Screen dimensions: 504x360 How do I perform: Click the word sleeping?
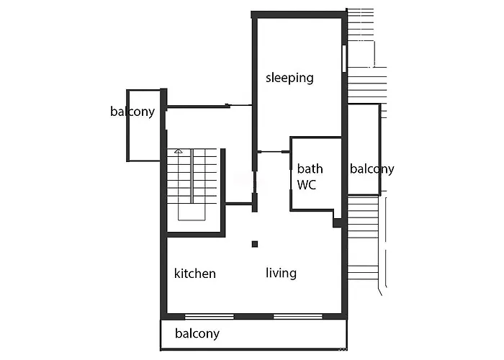(289, 78)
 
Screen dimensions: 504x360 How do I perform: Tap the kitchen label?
(195, 274)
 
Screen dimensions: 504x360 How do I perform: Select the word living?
(281, 273)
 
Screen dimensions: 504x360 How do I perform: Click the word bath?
(310, 168)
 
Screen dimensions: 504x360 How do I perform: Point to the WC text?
(306, 185)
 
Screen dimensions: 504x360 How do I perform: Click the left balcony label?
(132, 112)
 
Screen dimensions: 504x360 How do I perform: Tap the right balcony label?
(372, 169)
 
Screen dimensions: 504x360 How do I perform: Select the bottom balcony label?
(197, 333)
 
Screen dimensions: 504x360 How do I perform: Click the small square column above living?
(255, 244)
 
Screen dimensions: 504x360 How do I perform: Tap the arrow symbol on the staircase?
(179, 151)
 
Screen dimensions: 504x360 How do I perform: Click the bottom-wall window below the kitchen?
(210, 317)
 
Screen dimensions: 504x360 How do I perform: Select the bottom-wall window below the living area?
(298, 317)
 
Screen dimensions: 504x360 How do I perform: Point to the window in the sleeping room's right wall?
(344, 58)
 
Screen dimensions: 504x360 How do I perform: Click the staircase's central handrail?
(192, 176)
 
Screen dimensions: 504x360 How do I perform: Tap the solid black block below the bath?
(337, 222)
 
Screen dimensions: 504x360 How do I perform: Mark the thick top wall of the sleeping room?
(299, 15)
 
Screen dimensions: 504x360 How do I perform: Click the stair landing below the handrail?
(192, 212)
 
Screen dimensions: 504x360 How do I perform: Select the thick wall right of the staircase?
(223, 190)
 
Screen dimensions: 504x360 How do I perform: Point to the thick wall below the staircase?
(196, 235)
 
